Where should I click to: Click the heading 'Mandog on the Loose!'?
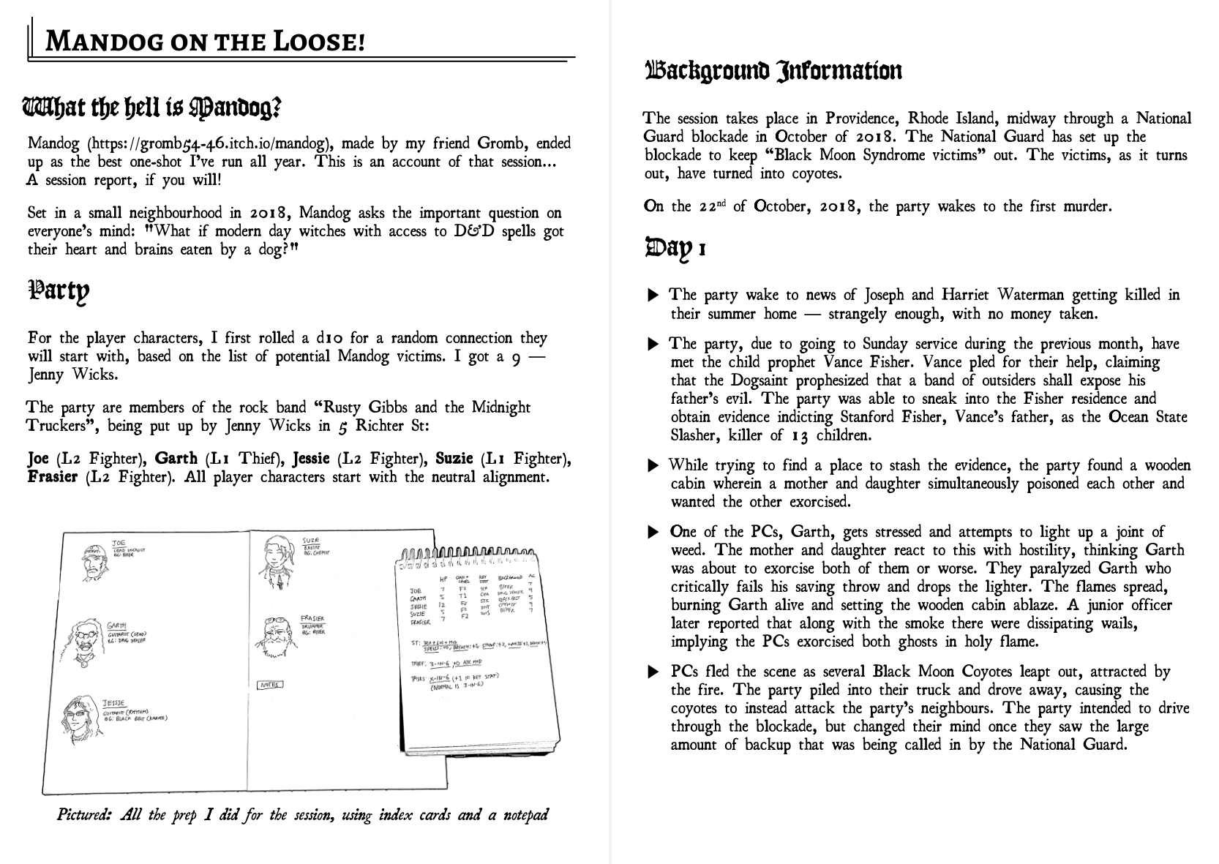205,42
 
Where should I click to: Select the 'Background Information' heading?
773,71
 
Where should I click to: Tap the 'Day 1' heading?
675,248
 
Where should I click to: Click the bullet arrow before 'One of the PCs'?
653,533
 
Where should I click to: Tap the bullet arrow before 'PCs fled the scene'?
653,672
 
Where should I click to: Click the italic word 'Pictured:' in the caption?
83,815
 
